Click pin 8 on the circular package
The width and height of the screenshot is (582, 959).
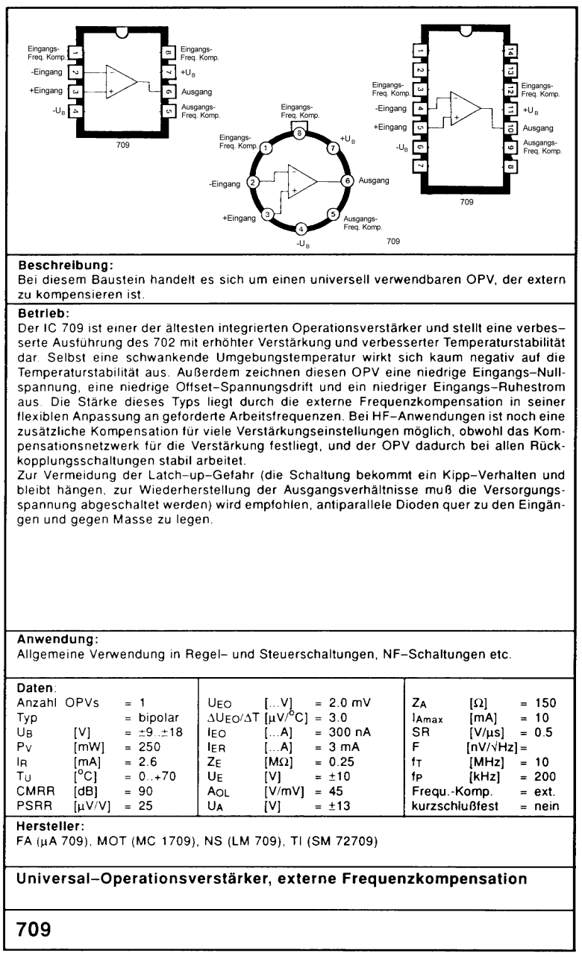pos(299,133)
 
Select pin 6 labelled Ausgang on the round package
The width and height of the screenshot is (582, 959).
pos(346,180)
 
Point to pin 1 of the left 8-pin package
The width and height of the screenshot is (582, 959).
pos(75,53)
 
